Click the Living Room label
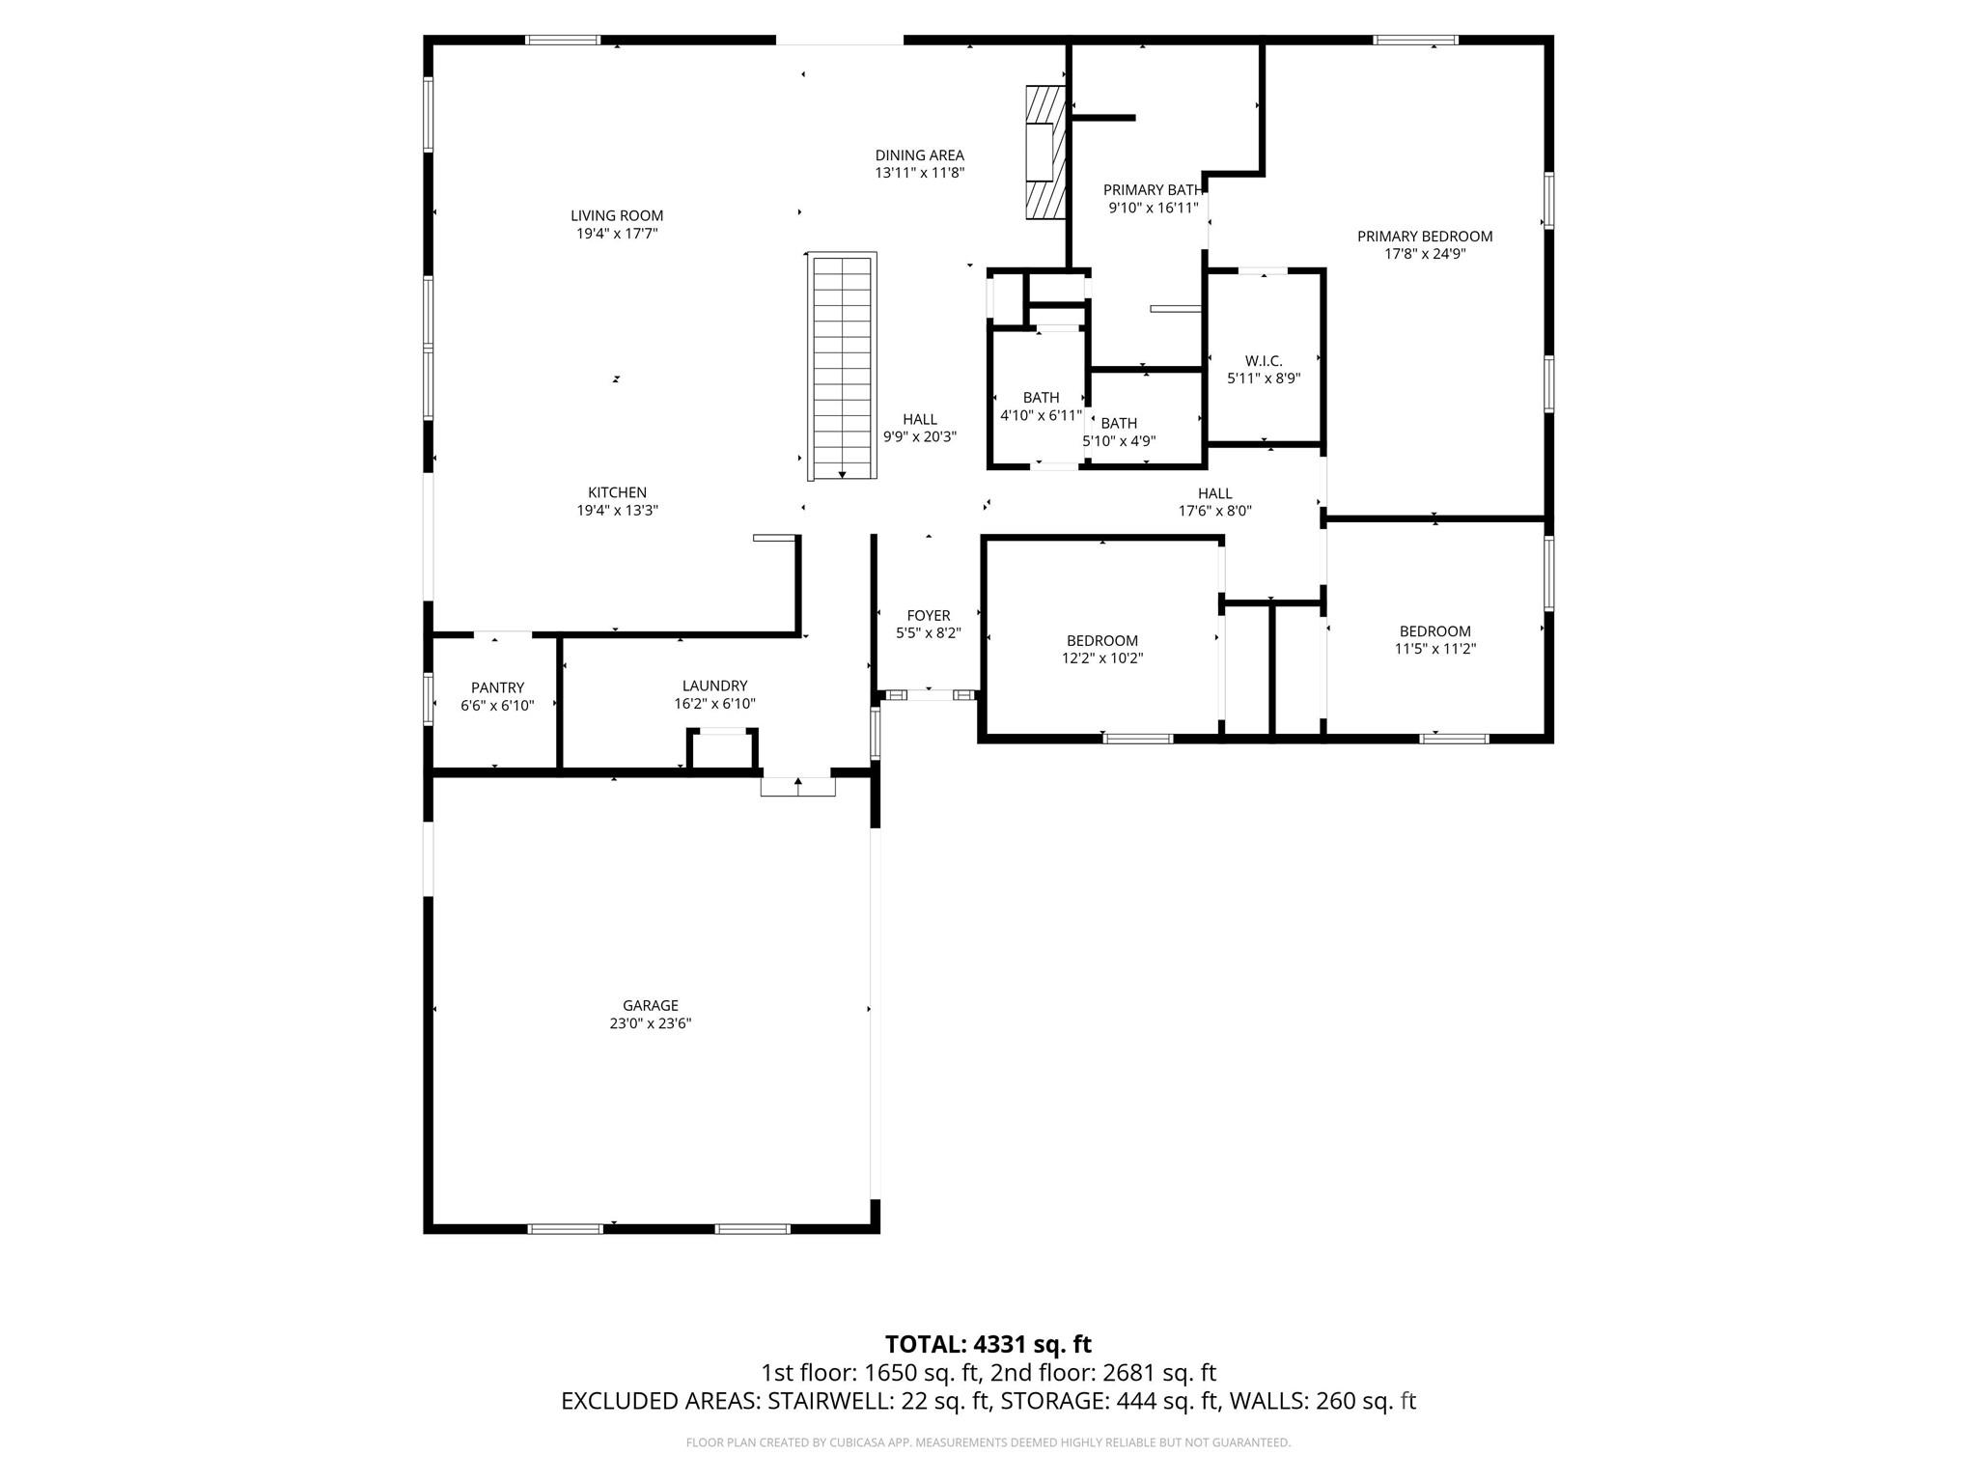[x=617, y=215]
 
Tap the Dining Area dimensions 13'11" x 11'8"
[x=919, y=173]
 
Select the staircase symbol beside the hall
[x=843, y=367]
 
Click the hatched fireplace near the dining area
[x=1044, y=153]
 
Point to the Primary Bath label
[x=1153, y=190]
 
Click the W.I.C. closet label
[x=1264, y=361]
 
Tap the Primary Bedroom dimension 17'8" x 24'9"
[x=1425, y=254]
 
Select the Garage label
[x=650, y=1005]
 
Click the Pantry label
[x=497, y=687]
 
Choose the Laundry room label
[x=714, y=686]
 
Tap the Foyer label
[x=929, y=615]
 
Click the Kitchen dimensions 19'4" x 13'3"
[x=617, y=511]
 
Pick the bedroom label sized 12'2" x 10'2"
[x=1101, y=640]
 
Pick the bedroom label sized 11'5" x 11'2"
[x=1434, y=631]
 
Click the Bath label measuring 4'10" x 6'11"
[x=1041, y=397]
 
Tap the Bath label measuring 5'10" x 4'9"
[x=1119, y=423]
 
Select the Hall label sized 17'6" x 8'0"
[x=1214, y=493]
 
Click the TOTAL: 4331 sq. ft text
[x=988, y=1344]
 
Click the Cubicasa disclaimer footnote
[x=988, y=1442]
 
